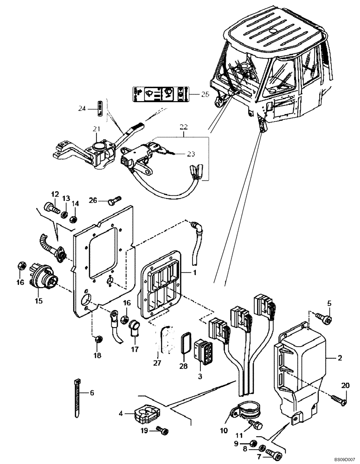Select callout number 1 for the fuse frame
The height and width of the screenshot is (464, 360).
click(x=195, y=273)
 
